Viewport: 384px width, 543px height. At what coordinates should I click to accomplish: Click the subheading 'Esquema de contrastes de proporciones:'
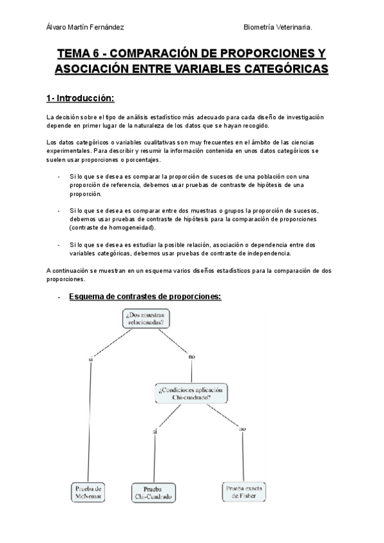coord(145,296)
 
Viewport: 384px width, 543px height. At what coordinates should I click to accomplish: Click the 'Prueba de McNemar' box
coord(87,492)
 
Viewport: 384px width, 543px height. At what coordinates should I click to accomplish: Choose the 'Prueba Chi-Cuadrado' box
coord(154,492)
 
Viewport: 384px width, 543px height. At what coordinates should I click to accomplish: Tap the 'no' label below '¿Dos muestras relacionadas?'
coord(191,356)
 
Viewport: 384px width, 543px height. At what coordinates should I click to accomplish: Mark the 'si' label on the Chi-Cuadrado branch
coord(155,433)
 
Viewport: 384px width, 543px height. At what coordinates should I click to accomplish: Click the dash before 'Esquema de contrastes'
coord(59,297)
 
